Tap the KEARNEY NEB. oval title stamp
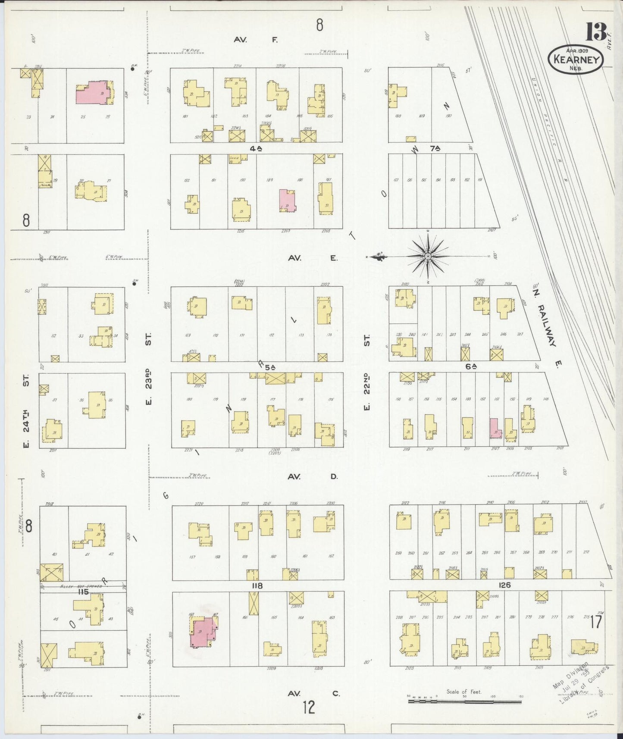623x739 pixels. pos(575,59)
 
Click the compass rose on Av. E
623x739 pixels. pos(427,257)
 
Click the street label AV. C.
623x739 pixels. pos(314,693)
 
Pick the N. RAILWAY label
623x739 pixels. pos(548,319)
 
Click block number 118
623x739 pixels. pos(257,586)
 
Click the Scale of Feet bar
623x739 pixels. pos(464,701)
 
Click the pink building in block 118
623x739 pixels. pos(203,632)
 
